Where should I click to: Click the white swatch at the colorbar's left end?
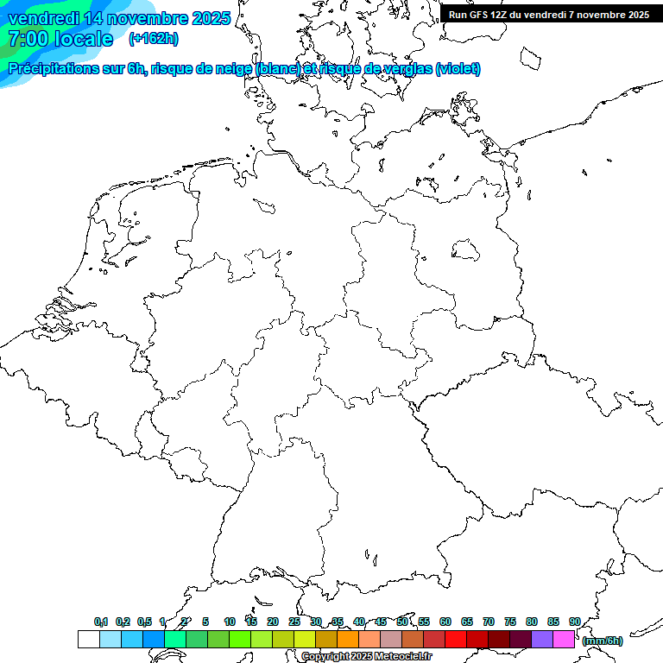click(x=88, y=639)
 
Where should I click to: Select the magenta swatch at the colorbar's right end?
click(x=564, y=639)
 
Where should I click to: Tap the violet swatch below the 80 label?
click(x=542, y=639)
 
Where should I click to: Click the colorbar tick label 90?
click(x=574, y=622)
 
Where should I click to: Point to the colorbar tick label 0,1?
click(x=101, y=622)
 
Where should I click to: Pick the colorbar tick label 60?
click(x=445, y=622)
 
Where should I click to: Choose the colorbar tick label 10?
click(x=230, y=622)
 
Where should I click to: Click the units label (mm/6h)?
click(x=603, y=641)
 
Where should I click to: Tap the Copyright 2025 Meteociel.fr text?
click(x=367, y=657)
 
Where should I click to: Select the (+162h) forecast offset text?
click(x=154, y=39)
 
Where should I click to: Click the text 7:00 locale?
click(x=60, y=39)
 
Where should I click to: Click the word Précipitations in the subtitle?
click(x=53, y=69)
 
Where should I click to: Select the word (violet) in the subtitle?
click(x=458, y=69)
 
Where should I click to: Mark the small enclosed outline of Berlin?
click(x=465, y=250)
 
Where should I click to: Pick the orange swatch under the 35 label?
click(x=348, y=639)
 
